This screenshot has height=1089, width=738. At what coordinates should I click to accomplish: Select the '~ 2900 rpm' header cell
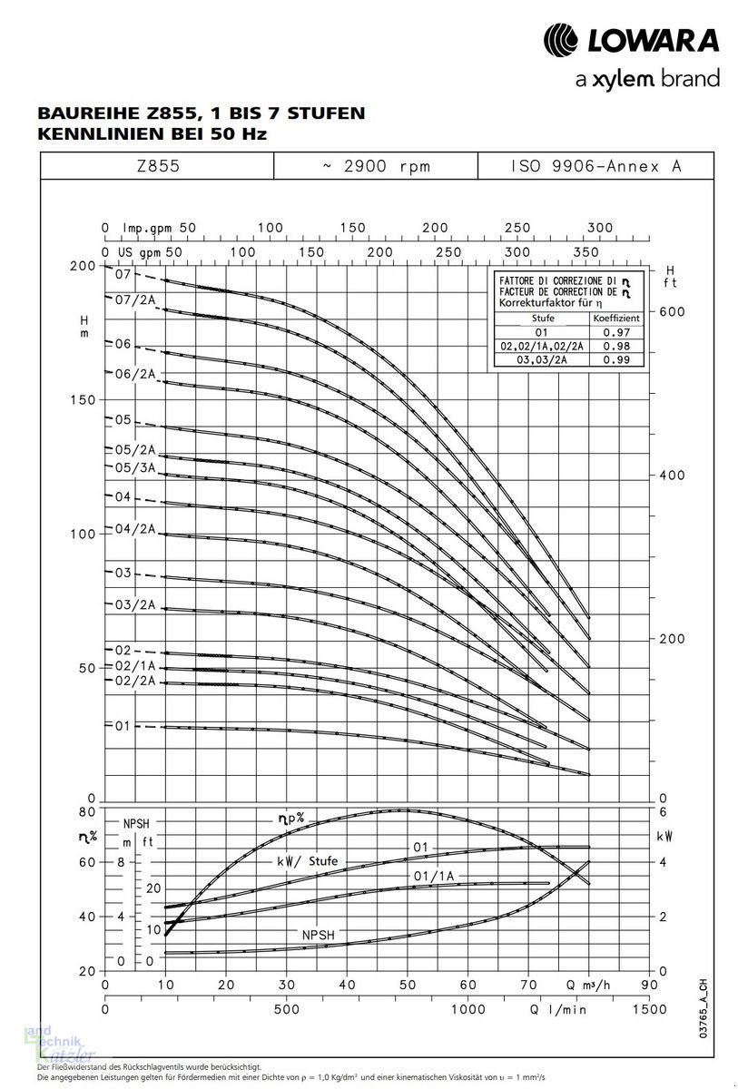pos(376,166)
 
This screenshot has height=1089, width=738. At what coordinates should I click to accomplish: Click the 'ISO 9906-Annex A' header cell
pos(595,166)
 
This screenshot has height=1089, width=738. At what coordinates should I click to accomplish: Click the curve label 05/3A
pos(134,467)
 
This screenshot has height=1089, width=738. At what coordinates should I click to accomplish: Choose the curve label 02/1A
pos(134,665)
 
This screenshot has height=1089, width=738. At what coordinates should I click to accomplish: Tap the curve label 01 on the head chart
pos(123,726)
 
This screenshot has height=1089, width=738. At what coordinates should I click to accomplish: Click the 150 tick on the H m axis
pos(84,400)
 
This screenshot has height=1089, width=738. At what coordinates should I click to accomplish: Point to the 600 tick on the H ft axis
pos(672,311)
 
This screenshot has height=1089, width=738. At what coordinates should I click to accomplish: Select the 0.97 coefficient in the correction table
pos(616,333)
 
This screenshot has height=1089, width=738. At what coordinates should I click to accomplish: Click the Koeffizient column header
pos(616,319)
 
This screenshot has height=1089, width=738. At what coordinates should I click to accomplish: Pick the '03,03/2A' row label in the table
pos(541,360)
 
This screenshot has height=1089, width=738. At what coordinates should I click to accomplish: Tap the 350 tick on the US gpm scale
pos(586,250)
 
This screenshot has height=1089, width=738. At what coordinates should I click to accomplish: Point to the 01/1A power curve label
pos(433,876)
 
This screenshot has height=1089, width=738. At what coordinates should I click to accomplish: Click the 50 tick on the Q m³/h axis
pos(408,985)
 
